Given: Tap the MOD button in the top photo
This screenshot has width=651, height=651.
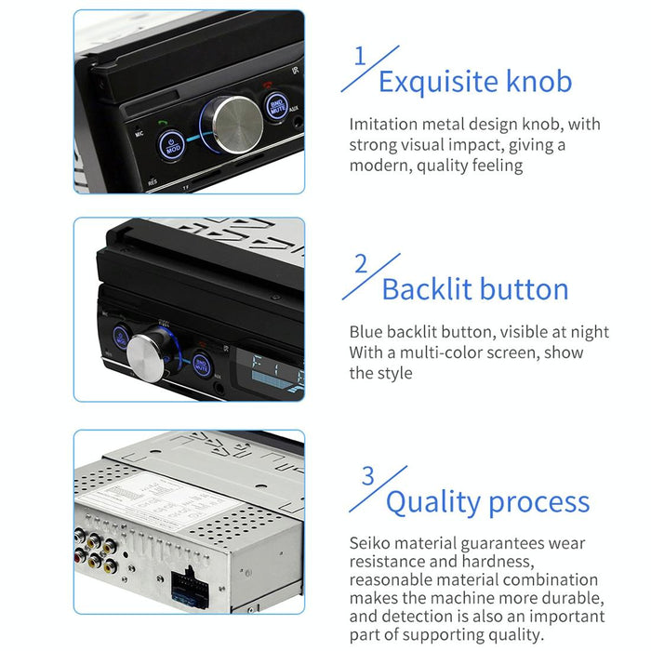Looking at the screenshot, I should (171, 145).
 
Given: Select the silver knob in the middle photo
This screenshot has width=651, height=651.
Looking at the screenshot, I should (149, 355).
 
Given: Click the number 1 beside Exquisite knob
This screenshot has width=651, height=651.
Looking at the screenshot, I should (360, 57).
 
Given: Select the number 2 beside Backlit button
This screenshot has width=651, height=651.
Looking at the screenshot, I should (361, 263).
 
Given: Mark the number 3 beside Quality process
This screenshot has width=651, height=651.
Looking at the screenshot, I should (367, 476).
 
